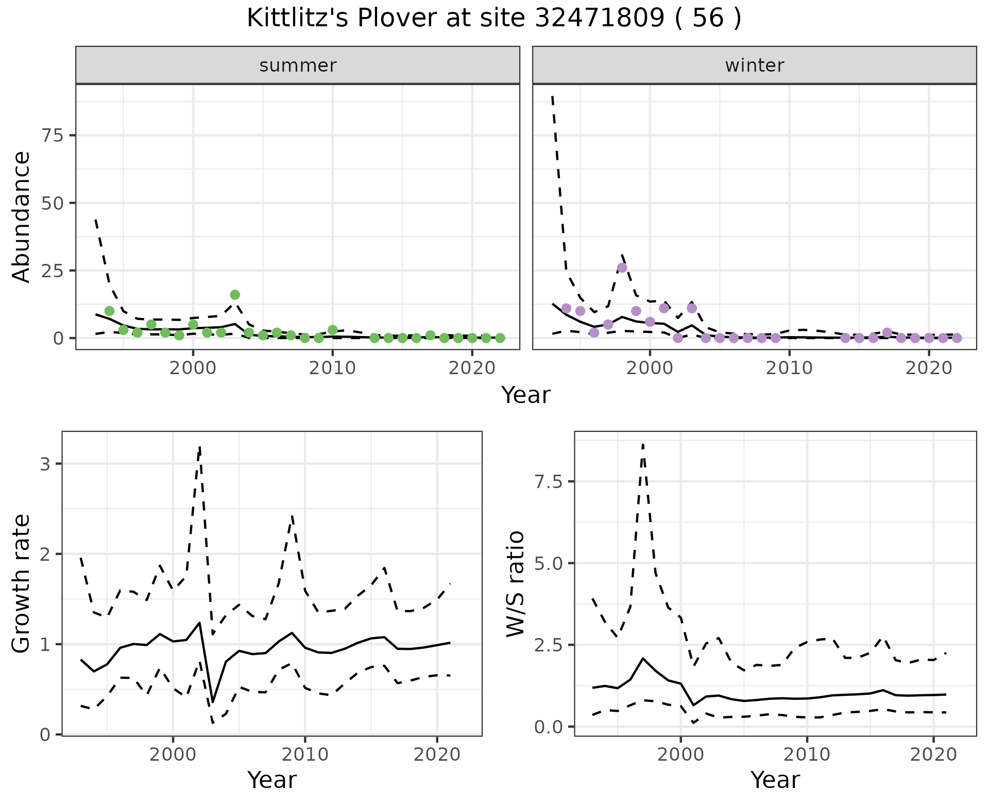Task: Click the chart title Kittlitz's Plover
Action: (x=493, y=19)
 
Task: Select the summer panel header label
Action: (x=297, y=65)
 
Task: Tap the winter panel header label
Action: (x=754, y=65)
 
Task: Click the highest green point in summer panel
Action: (x=235, y=295)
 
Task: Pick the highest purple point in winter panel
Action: (x=622, y=268)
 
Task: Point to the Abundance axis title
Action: (x=22, y=216)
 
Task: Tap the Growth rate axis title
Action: (x=22, y=583)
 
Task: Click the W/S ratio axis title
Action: (x=516, y=583)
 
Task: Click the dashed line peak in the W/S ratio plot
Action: (x=643, y=444)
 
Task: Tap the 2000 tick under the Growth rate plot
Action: (x=173, y=755)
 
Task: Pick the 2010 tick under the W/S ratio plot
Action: (x=807, y=755)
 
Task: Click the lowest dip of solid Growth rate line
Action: (x=213, y=701)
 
